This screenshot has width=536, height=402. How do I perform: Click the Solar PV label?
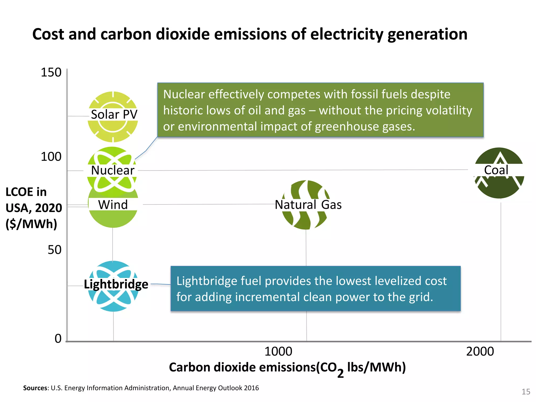[x=114, y=115]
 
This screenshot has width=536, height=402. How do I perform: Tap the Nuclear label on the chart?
[x=113, y=170]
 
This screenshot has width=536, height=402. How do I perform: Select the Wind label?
[x=113, y=205]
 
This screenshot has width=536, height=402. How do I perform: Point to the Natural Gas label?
[x=308, y=205]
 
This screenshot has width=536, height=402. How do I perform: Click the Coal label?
[x=496, y=170]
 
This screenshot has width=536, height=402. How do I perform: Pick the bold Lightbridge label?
[x=116, y=284]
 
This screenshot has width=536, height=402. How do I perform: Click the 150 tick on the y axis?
[x=51, y=72]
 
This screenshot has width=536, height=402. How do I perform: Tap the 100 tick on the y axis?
[x=51, y=157]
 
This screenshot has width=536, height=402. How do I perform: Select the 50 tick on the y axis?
[x=54, y=250]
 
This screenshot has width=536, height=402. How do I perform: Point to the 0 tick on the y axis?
[x=58, y=339]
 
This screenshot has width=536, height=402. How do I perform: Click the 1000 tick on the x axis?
[x=278, y=351]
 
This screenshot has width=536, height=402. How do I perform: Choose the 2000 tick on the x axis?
[x=480, y=351]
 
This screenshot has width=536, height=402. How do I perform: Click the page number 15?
[x=526, y=392]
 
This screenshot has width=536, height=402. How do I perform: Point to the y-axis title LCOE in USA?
[x=33, y=208]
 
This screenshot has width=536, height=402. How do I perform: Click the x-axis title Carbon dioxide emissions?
[x=287, y=367]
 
